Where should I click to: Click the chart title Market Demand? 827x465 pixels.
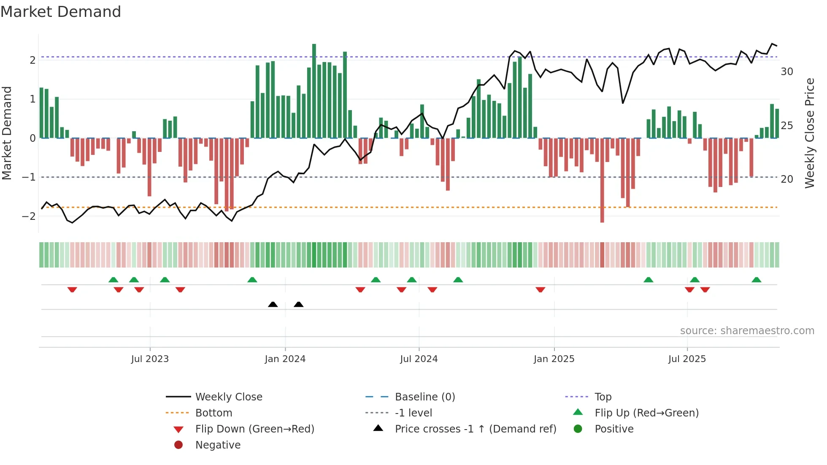pos(61,12)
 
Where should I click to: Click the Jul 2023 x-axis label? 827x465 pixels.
pos(150,359)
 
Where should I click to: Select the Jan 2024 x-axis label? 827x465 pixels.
pos(285,359)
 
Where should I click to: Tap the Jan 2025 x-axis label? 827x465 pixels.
pos(554,359)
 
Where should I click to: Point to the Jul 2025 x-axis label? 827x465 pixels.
pos(687,359)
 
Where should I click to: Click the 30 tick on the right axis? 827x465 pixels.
pos(786,72)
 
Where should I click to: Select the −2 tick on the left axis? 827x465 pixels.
pos(29,216)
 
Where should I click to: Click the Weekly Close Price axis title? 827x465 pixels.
pos(809,133)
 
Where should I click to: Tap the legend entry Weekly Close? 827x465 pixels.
pos(228,397)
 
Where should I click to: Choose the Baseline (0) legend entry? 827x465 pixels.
pos(424,397)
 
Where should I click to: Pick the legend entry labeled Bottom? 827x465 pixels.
pos(214,413)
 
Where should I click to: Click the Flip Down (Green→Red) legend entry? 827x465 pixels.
pos(254,429)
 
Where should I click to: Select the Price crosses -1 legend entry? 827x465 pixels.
pos(475,429)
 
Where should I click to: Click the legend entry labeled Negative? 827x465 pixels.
pos(218,445)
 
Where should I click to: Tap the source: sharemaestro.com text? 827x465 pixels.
pos(747,331)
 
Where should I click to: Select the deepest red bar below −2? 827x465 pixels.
pos(602,181)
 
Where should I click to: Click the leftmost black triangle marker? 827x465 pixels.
pos(273,304)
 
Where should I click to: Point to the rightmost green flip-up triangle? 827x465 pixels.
pos(757,280)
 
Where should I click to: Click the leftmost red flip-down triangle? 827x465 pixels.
pos(72,289)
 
